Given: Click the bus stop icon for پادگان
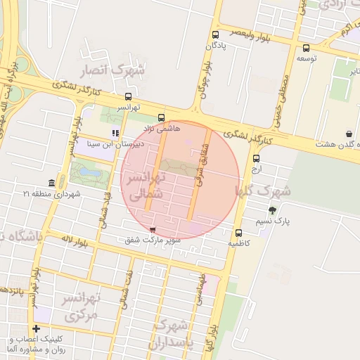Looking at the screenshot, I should [216, 34].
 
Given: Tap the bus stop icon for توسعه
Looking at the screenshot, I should [306, 48].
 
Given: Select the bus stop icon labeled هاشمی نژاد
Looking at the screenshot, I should [162, 117].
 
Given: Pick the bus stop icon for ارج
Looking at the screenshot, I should [256, 158].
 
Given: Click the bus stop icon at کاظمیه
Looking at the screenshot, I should [238, 233].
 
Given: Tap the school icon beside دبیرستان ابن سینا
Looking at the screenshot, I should [115, 133].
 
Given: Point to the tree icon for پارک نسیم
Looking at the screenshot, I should [272, 210].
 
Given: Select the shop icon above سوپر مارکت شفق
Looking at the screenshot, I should [153, 229].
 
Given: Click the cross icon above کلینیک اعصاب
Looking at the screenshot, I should [36, 328].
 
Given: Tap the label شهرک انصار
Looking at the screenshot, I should [112, 70].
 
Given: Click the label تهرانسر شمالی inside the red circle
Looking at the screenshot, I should [146, 185].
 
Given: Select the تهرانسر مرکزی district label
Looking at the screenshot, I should [75, 307].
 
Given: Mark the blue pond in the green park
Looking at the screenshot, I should [89, 171].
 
